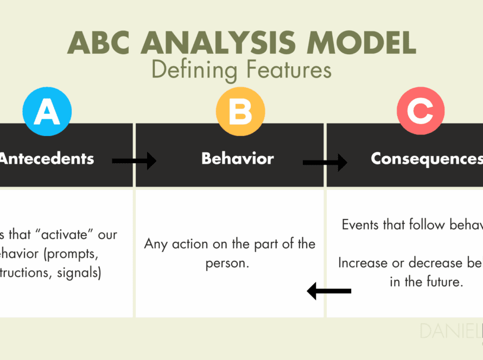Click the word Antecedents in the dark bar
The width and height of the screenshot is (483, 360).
point(47,159)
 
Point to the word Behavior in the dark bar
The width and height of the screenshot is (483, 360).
point(238,159)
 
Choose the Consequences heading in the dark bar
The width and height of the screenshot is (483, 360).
point(427,159)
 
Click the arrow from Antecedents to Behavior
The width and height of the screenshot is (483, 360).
point(134,160)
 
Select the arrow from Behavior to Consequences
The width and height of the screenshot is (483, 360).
point(325,162)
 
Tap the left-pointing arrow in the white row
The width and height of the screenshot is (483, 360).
point(329,291)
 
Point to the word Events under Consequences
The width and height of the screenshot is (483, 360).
point(363,224)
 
